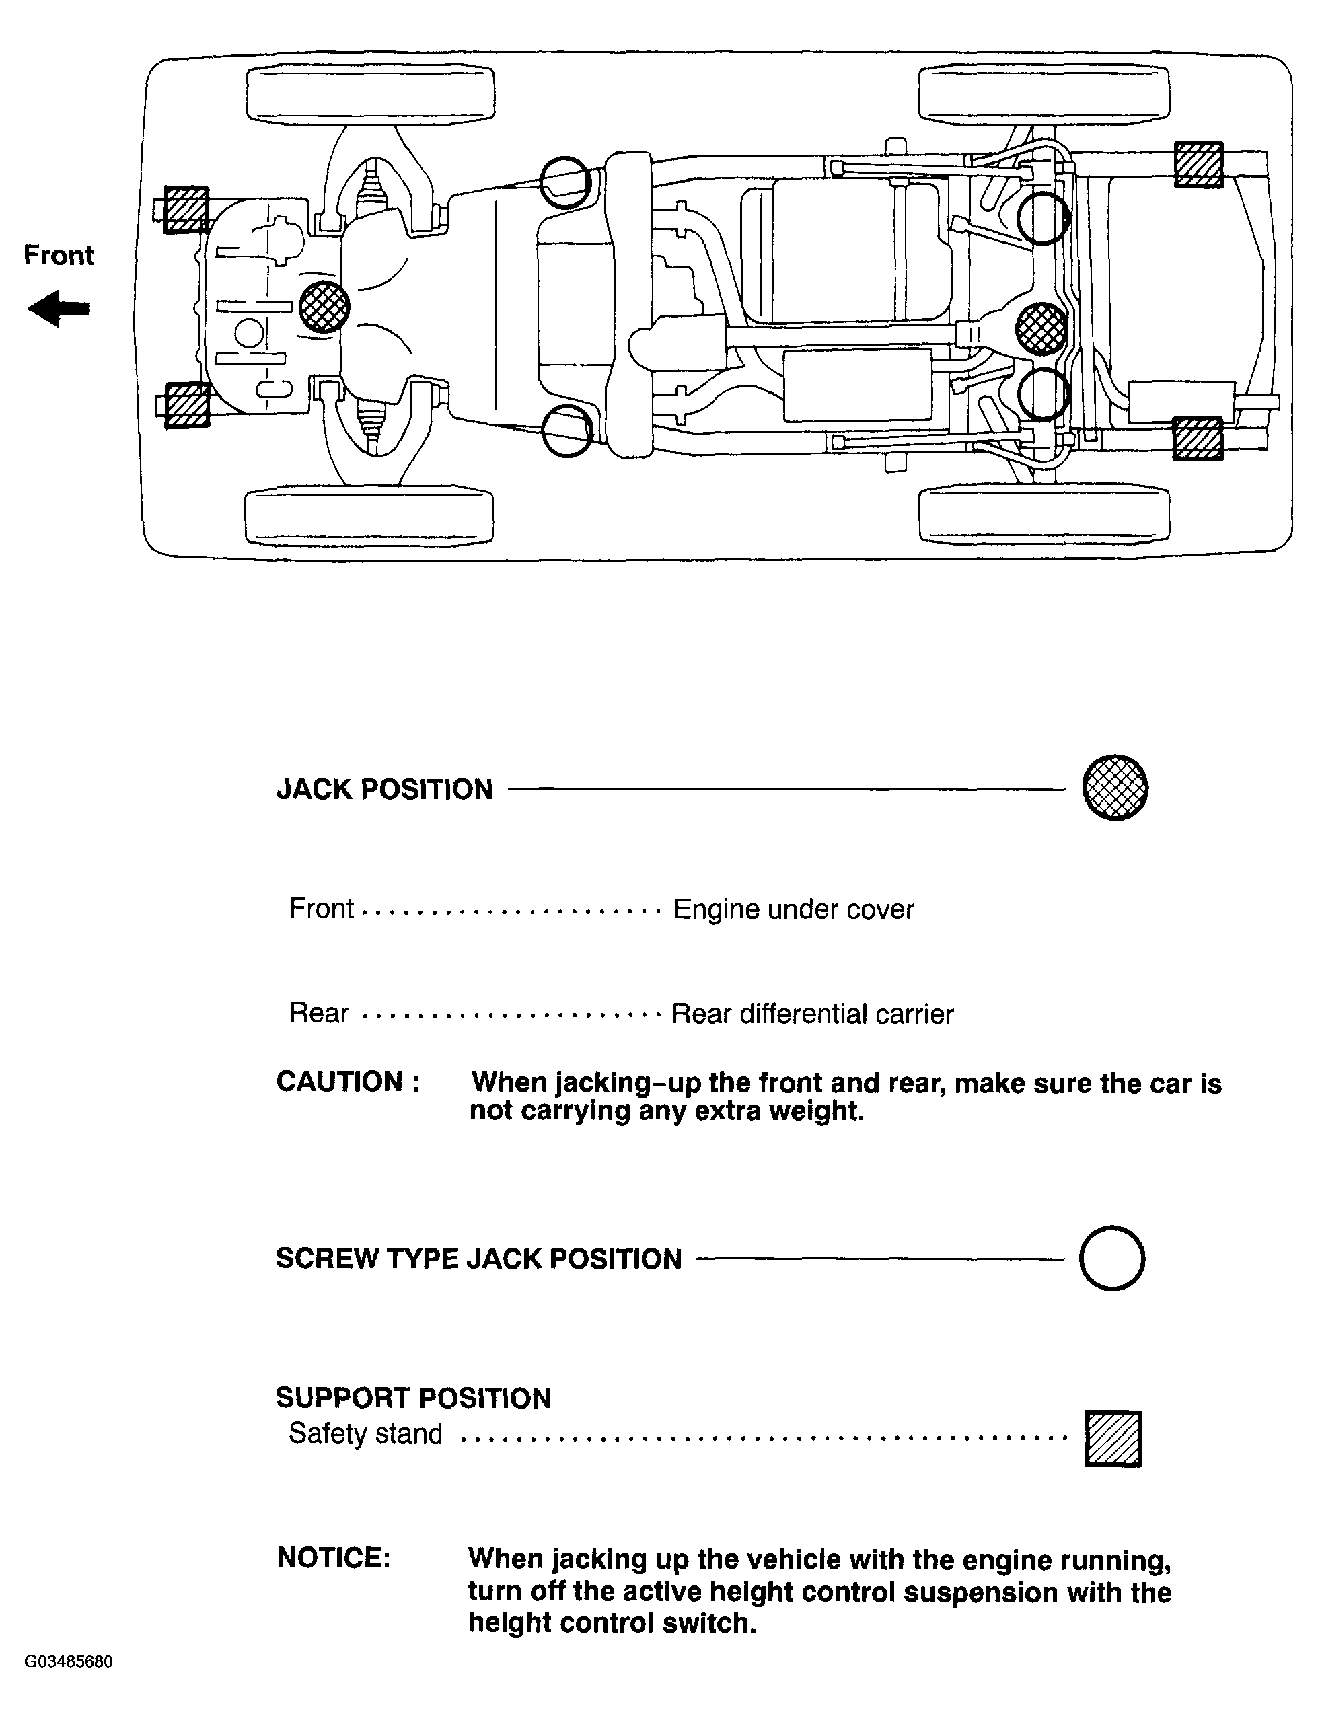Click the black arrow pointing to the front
(59, 308)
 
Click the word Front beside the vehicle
(59, 255)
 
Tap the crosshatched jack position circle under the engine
(324, 307)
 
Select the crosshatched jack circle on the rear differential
(1041, 328)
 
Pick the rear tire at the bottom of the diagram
(1044, 515)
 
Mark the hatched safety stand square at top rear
(1198, 165)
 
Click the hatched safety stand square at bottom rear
(1197, 439)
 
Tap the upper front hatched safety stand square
(186, 209)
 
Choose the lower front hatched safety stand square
(187, 405)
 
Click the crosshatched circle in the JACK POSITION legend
(1115, 788)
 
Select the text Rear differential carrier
(812, 1014)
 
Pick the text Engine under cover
(793, 909)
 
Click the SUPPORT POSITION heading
(414, 1398)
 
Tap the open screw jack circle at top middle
(565, 182)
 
